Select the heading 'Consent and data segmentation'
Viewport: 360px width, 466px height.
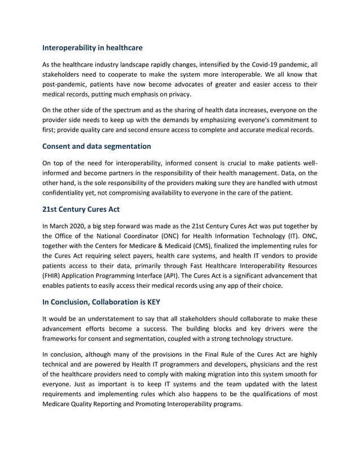tap(96, 146)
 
